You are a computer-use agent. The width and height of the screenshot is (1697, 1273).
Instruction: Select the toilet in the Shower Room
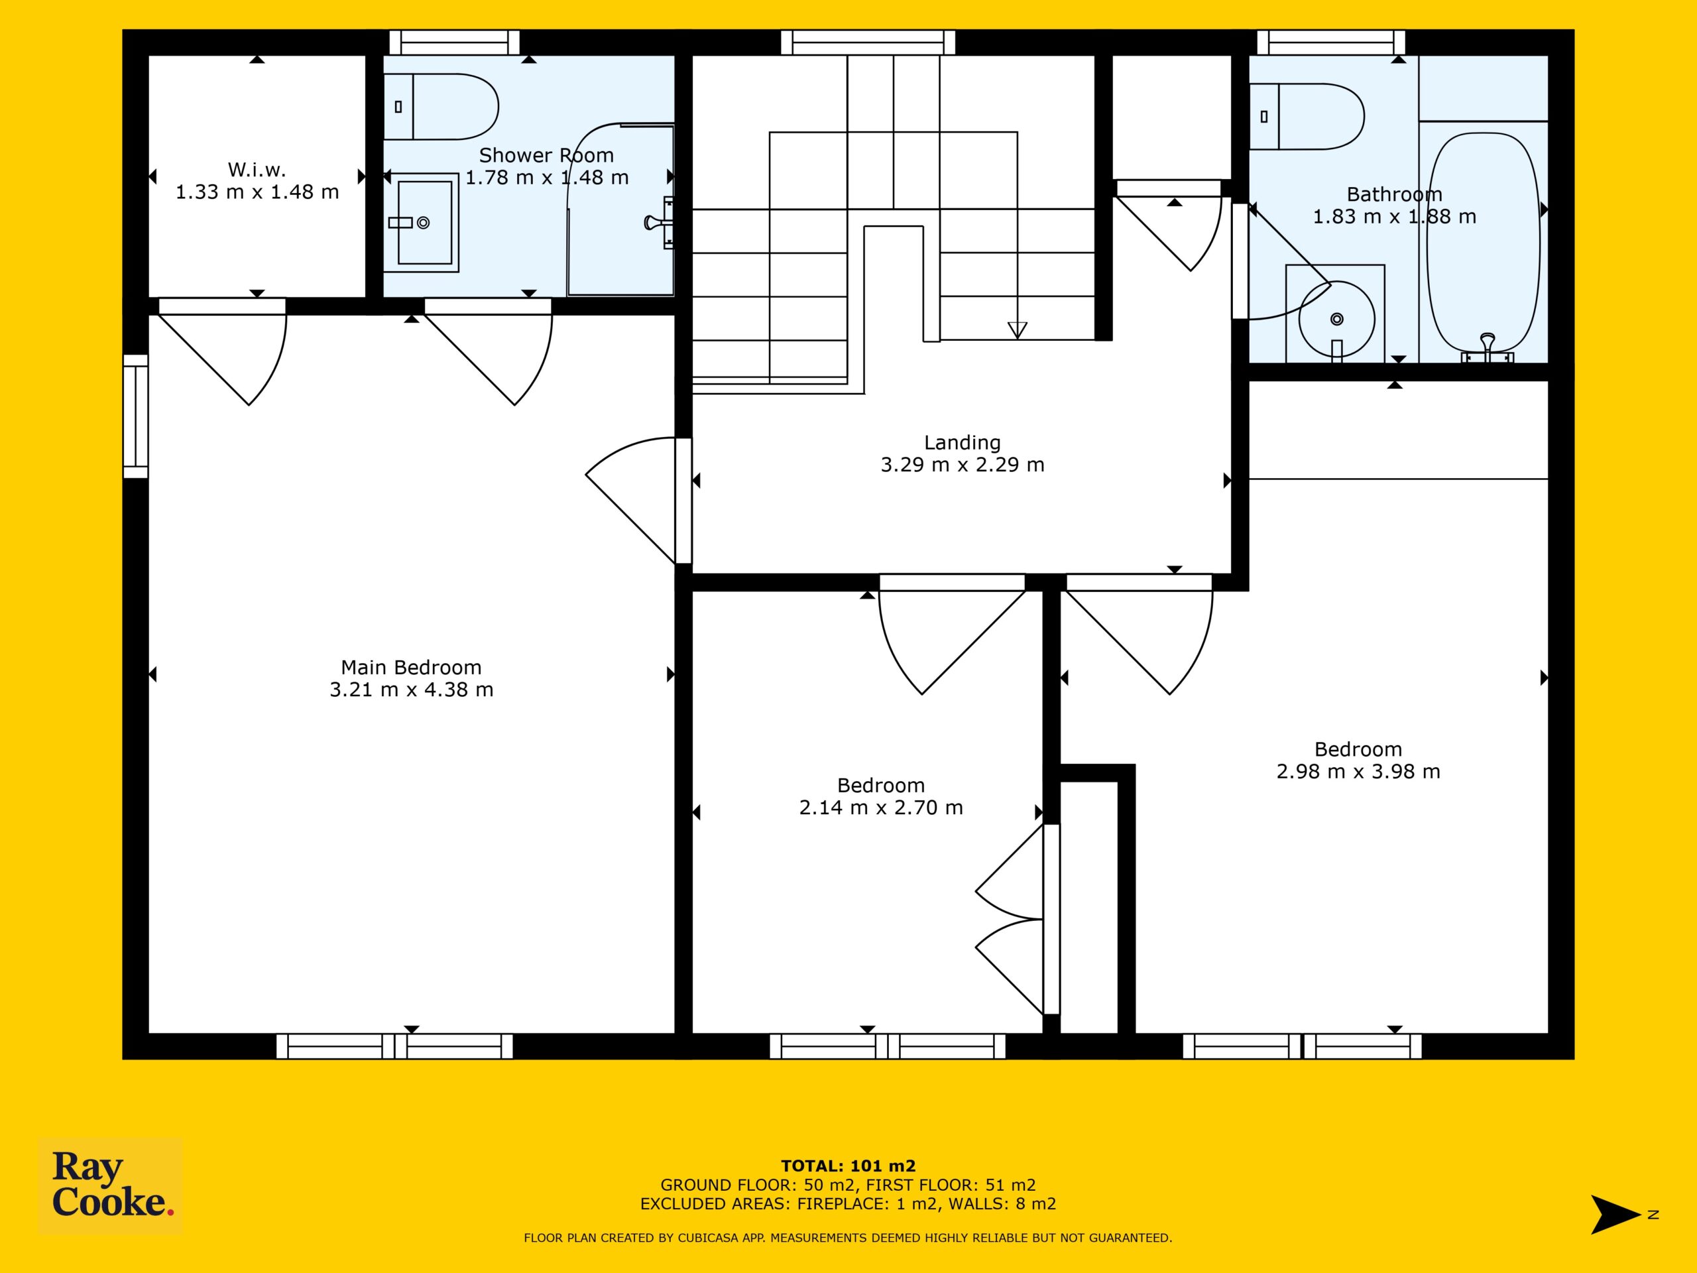tap(440, 107)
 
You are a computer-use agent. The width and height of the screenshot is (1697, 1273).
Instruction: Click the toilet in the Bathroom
tap(1307, 117)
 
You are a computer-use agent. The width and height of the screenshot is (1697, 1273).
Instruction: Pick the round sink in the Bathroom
tap(1336, 318)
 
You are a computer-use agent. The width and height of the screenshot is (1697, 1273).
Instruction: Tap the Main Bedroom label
tap(411, 667)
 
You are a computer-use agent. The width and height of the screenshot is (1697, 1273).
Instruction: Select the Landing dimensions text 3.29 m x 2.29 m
tap(962, 464)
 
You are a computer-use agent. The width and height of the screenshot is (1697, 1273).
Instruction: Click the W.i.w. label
tap(257, 170)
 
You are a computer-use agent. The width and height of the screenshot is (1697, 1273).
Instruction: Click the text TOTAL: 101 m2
tap(848, 1167)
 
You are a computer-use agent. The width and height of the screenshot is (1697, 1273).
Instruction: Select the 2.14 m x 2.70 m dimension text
tap(881, 808)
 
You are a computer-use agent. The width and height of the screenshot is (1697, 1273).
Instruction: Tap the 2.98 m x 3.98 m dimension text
tap(1358, 771)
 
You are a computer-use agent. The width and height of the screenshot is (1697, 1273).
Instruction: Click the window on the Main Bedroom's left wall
tap(136, 416)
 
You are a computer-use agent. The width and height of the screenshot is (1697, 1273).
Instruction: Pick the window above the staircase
tap(868, 42)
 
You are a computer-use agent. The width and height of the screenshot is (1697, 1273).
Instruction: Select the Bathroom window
tap(1331, 42)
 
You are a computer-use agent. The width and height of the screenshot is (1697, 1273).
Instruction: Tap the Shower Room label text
tap(546, 155)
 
